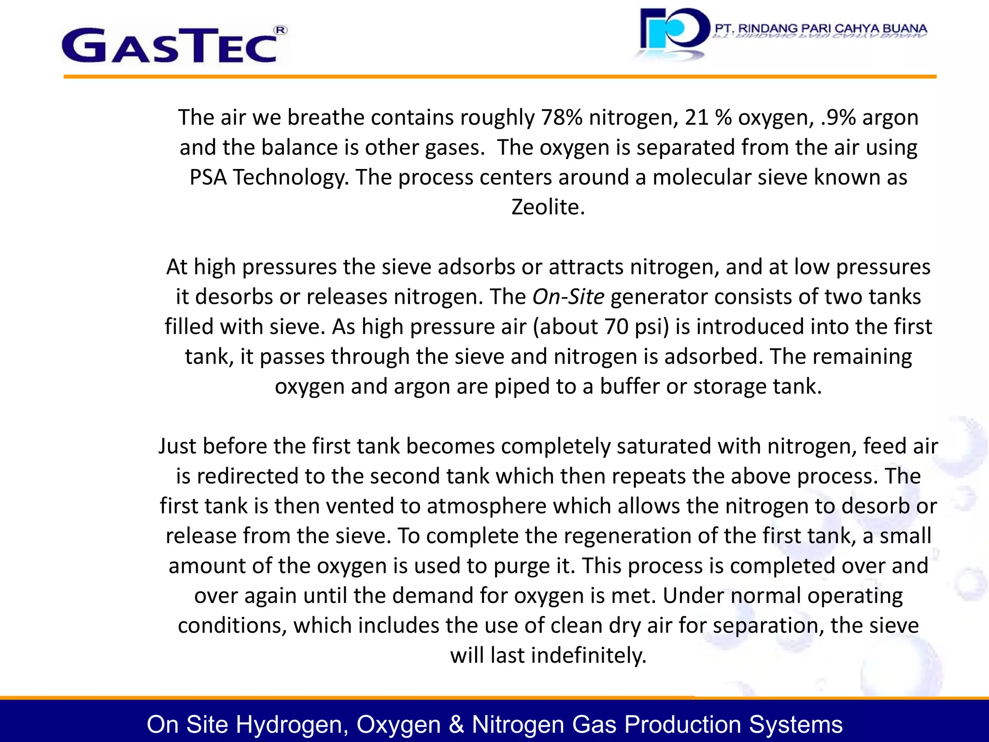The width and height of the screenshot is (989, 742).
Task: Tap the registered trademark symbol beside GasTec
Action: tap(281, 30)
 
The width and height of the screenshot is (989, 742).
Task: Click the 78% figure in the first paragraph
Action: tap(562, 117)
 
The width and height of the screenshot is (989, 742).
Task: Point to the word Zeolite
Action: tap(548, 207)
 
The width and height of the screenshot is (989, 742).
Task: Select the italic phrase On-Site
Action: tap(568, 297)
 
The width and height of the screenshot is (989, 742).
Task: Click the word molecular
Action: tap(702, 177)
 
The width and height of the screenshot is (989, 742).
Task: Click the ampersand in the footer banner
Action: tap(456, 725)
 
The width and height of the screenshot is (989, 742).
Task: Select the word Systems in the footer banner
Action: tap(796, 725)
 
